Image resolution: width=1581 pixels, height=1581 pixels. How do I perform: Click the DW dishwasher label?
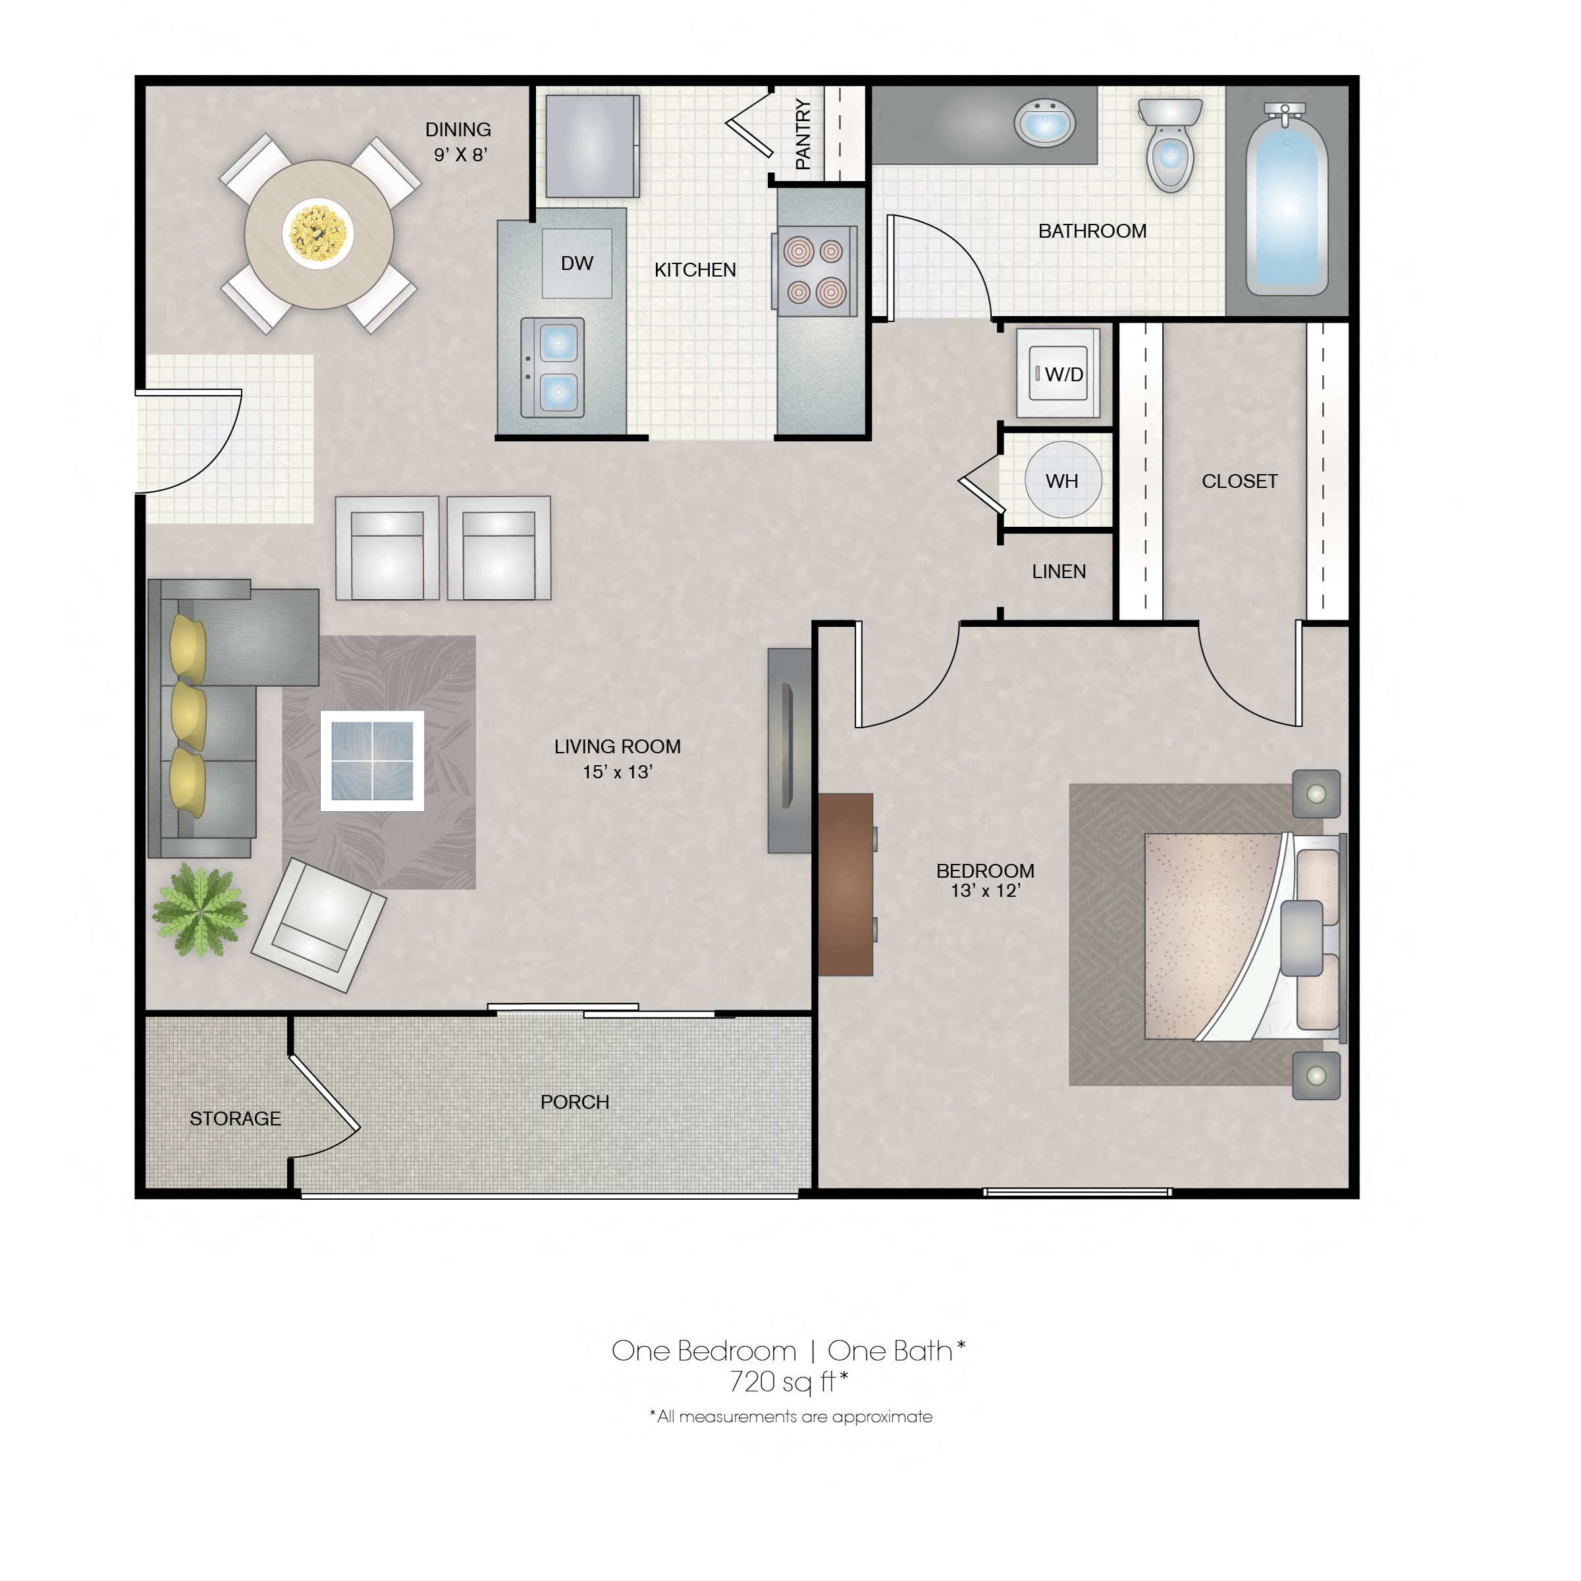point(577,263)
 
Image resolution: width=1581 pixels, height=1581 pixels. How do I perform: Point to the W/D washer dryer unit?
point(1058,374)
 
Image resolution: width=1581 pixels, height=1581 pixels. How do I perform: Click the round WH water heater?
point(1062,480)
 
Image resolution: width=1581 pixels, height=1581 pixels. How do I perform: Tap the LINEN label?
point(1058,572)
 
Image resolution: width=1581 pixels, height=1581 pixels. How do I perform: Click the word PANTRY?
point(803,134)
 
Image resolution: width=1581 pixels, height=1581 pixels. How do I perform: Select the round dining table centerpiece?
point(318,233)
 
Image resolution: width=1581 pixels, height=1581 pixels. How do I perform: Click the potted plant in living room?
point(200,911)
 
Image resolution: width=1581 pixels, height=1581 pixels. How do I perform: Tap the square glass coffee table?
point(372,761)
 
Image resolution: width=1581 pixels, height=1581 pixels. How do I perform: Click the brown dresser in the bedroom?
point(845,884)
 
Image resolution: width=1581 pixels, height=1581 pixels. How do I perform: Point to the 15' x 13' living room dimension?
point(617,772)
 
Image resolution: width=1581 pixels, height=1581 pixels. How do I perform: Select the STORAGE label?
point(235,1119)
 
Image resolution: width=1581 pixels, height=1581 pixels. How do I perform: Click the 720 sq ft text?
point(788,1382)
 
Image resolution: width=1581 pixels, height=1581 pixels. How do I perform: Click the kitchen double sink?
point(553,367)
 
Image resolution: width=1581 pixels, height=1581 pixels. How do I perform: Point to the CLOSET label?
point(1239,481)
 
